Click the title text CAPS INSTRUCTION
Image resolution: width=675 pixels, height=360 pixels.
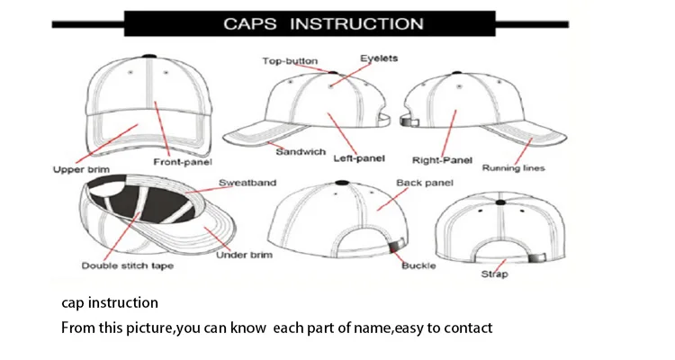[323, 23]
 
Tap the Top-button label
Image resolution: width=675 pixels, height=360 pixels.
[289, 61]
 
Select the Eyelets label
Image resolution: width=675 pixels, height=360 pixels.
[380, 58]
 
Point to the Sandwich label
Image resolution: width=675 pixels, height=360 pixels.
[301, 151]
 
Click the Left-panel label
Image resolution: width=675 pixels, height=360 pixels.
[360, 159]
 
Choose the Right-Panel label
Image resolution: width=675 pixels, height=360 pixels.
[443, 161]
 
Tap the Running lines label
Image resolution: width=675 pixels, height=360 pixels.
[514, 167]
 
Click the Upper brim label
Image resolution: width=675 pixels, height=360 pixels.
[81, 168]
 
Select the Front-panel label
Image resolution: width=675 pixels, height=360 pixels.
[182, 162]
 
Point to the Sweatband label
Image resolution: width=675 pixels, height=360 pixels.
[247, 184]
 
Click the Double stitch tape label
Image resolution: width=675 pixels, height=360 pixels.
[127, 265]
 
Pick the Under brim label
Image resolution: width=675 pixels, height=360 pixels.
[244, 256]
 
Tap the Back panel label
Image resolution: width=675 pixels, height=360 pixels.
[425, 184]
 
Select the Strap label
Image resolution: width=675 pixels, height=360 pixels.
[494, 274]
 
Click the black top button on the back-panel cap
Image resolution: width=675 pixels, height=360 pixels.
[341, 183]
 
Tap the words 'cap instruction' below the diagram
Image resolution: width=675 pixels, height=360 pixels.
[110, 302]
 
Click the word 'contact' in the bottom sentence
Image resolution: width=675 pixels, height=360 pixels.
[468, 328]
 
